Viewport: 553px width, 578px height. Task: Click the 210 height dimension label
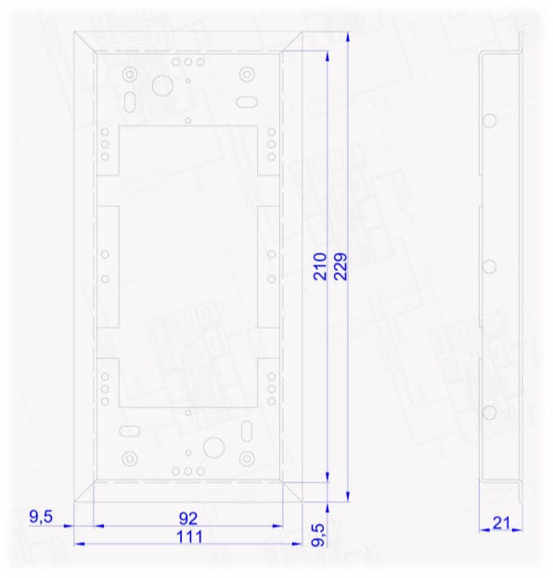320,266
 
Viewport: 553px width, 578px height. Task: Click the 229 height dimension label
341,266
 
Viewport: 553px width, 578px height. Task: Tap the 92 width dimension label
188,519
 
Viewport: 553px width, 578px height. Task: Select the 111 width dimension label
189,537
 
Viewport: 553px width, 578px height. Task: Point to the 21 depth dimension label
501,523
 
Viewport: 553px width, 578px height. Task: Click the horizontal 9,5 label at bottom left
41,517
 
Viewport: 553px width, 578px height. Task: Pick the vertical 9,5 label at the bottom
318,535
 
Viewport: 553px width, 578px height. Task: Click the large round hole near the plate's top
162,86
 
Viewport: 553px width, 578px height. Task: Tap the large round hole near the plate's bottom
213,447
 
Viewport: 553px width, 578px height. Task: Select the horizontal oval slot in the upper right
247,102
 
